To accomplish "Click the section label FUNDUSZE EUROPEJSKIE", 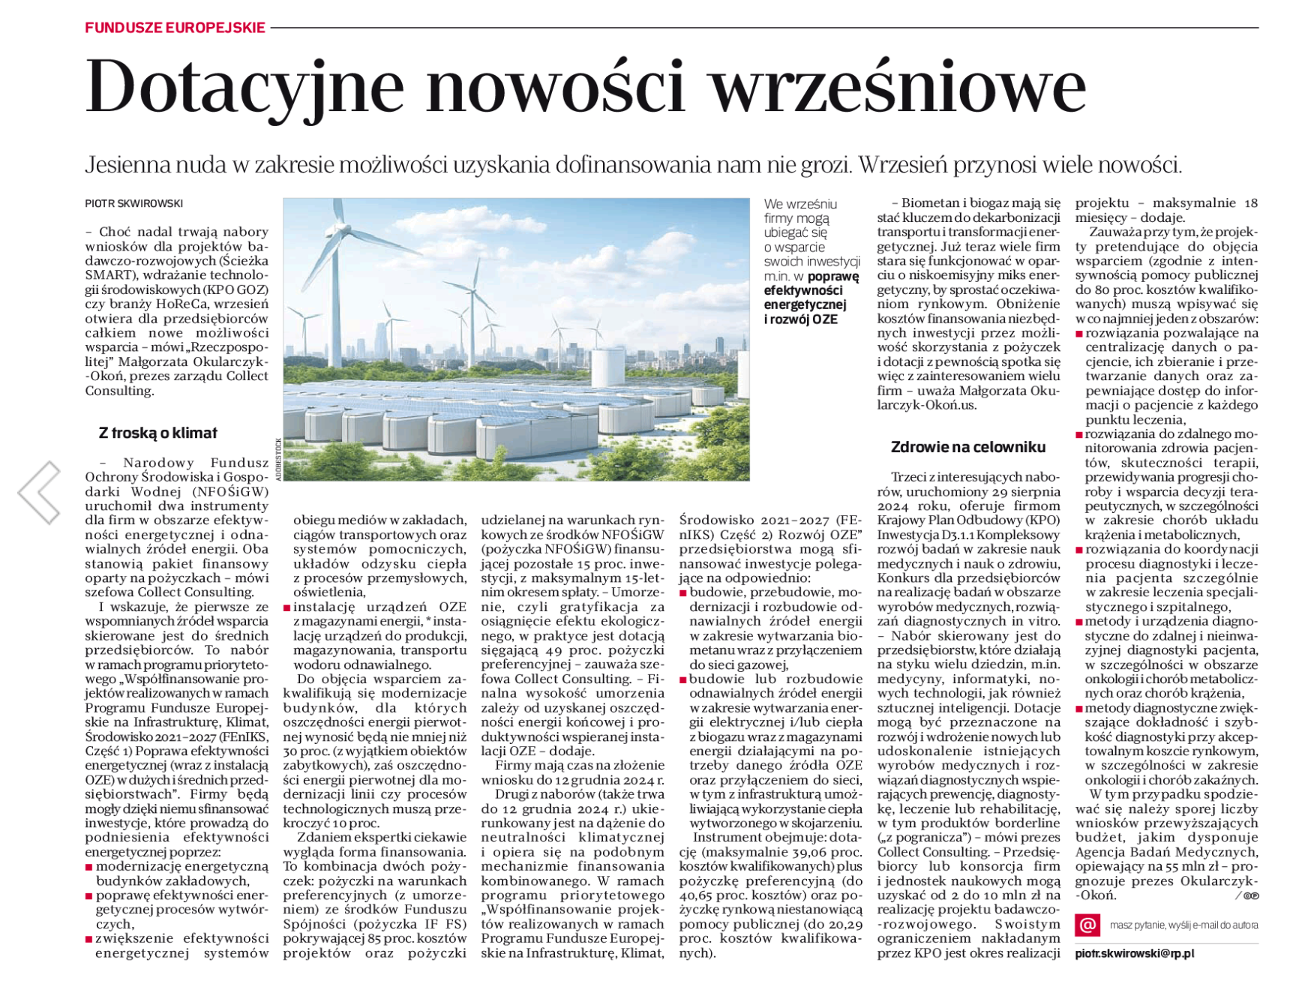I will [x=175, y=28].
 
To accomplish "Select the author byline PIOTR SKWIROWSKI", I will [x=133, y=203].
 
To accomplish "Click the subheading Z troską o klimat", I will [x=157, y=433].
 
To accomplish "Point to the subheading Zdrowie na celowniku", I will [x=967, y=447].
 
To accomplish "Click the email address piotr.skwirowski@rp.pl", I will [x=1134, y=953].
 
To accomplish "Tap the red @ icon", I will [x=1087, y=925].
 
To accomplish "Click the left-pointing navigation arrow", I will [x=40, y=492].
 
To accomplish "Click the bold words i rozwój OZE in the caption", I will [x=800, y=319].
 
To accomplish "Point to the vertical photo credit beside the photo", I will [x=277, y=458].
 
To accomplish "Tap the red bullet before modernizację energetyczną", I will [x=89, y=867].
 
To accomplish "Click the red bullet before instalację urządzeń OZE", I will [x=287, y=607].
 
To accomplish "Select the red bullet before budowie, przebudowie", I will [x=683, y=593].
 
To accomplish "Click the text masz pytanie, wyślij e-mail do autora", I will [x=1183, y=925].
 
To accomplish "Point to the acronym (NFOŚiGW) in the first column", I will [x=230, y=492].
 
